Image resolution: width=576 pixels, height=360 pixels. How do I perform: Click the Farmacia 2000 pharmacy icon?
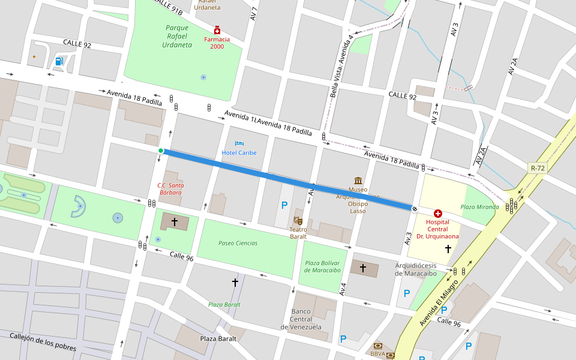[x=217, y=30]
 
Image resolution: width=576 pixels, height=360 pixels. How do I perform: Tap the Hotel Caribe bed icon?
[x=239, y=144]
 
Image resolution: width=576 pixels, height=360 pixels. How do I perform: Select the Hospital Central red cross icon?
[x=438, y=213]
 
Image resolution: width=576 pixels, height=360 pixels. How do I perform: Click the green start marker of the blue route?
[x=161, y=151]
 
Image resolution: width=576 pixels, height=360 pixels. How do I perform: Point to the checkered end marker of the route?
[x=415, y=208]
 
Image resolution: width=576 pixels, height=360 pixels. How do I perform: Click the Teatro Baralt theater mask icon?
[x=298, y=221]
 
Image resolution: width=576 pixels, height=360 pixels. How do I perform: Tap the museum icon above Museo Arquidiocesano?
[x=358, y=181]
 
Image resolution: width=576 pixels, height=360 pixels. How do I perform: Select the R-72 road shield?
[x=537, y=168]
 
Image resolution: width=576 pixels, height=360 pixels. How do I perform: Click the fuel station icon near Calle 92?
[x=59, y=61]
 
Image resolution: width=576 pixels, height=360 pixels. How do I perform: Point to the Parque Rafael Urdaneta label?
[x=177, y=36]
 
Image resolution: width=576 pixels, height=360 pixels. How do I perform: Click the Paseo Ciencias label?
[x=238, y=243]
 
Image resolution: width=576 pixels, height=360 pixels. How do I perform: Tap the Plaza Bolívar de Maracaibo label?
[x=322, y=266]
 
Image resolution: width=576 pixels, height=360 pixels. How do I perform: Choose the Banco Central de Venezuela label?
[x=301, y=319]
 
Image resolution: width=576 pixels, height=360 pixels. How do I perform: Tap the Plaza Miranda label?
[x=479, y=207]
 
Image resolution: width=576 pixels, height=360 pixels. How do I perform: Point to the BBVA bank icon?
[x=378, y=346]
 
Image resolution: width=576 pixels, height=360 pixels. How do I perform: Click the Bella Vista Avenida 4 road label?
[x=341, y=66]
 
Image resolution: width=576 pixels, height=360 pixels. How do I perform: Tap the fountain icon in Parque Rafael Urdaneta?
[x=203, y=77]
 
